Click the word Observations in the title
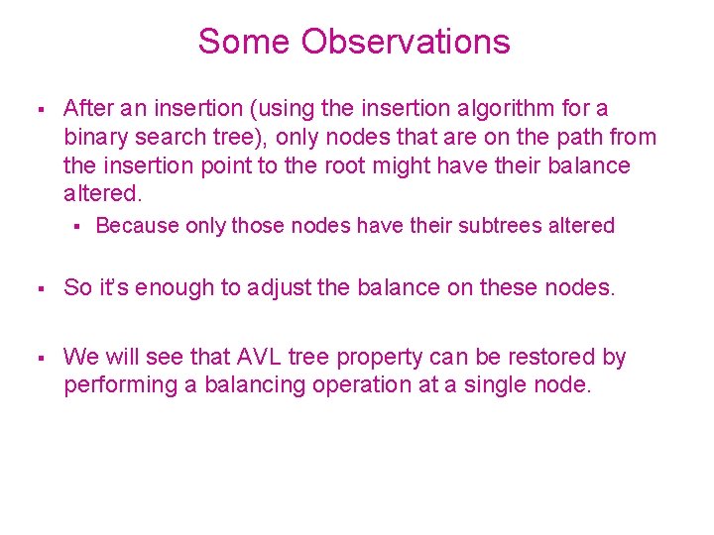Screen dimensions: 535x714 (406, 42)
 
